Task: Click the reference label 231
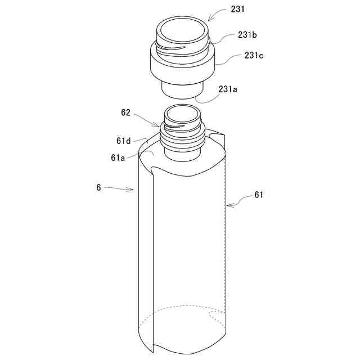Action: [x=237, y=9]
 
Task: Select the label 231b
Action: [x=247, y=35]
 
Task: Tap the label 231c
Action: [x=254, y=55]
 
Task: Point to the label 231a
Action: [x=228, y=89]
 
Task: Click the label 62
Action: [x=126, y=112]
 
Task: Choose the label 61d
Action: [x=124, y=141]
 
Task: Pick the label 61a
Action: [x=118, y=157]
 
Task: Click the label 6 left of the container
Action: [x=98, y=187]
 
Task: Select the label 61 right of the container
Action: [x=259, y=195]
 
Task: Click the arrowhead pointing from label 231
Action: [x=210, y=19]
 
